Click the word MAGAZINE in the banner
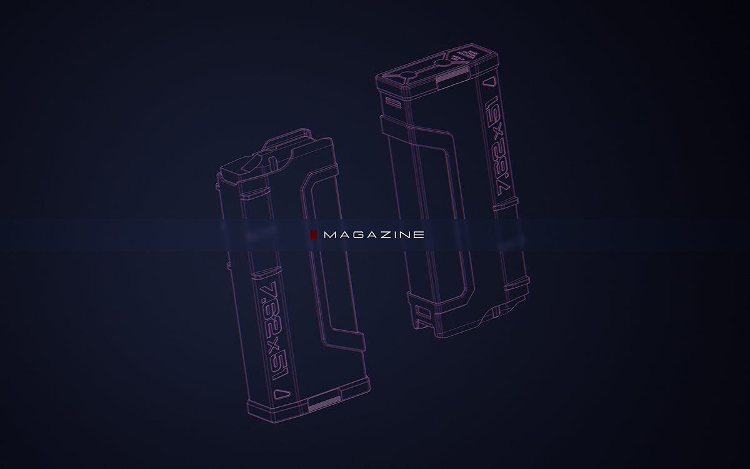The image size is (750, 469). point(374,235)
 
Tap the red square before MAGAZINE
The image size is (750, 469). point(314,235)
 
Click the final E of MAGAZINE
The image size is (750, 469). point(419,235)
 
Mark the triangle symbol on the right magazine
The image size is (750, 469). point(489,81)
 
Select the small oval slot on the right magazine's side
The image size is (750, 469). point(393,100)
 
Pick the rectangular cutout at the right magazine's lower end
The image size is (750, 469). point(421,316)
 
